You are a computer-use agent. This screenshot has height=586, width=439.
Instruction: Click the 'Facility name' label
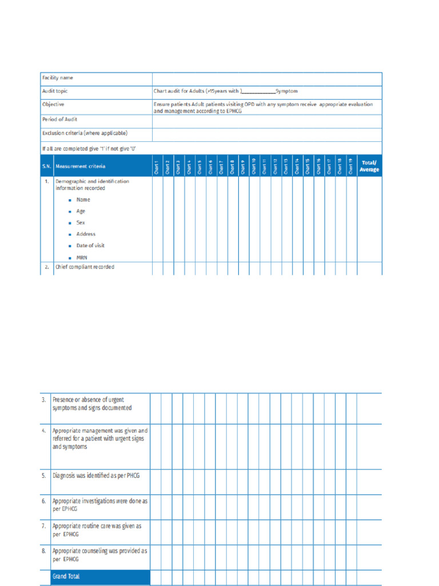[57, 78]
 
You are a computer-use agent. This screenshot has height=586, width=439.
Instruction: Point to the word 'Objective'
[53, 105]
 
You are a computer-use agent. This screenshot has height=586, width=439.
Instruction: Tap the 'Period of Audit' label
[59, 120]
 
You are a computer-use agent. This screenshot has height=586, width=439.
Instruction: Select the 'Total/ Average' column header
[369, 166]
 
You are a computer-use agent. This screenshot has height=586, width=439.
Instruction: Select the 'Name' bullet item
[83, 200]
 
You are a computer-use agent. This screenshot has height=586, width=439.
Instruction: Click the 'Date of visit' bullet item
[90, 246]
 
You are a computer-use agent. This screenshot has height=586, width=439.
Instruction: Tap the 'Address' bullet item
[86, 234]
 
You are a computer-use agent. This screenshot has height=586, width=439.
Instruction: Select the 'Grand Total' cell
[66, 576]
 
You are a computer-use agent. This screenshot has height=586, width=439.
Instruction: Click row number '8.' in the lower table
[44, 551]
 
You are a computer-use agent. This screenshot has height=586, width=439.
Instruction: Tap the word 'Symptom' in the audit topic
[286, 91]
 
